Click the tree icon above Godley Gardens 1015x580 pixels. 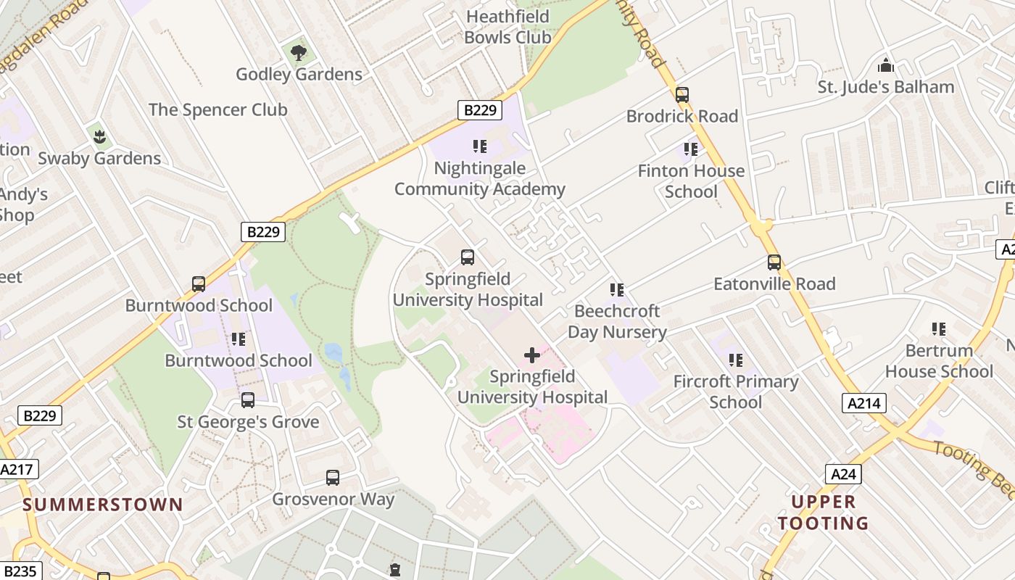point(298,52)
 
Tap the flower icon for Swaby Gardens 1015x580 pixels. point(100,136)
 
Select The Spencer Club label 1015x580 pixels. point(217,109)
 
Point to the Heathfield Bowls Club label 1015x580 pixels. point(507,27)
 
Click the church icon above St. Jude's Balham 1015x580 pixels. point(885,66)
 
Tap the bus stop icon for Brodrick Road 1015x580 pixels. point(681,95)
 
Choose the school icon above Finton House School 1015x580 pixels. point(691,149)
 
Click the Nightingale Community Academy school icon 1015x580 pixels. point(479,146)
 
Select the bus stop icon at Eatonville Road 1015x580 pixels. point(774,262)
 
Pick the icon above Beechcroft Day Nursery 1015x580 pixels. point(617,290)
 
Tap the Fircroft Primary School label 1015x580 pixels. point(735,391)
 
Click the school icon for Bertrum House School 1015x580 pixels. point(939,329)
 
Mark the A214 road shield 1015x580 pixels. point(864,403)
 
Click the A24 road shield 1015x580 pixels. point(843,474)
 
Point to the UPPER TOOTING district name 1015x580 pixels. point(823,512)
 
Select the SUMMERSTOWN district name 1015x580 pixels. point(103,505)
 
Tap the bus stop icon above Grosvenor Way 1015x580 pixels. point(333,478)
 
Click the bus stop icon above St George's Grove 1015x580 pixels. point(248,400)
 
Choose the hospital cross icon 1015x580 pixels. point(532,355)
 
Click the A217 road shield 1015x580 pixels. point(17,469)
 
